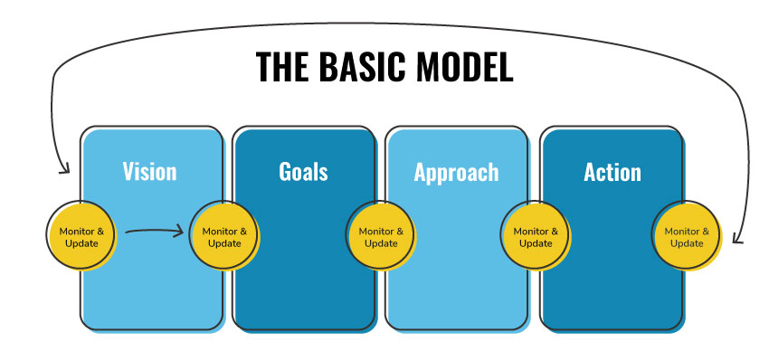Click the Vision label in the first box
tap(149, 172)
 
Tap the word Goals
tap(303, 172)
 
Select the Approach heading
tap(456, 172)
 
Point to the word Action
tap(612, 172)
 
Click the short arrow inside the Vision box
tap(154, 232)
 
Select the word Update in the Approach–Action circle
tap(536, 243)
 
